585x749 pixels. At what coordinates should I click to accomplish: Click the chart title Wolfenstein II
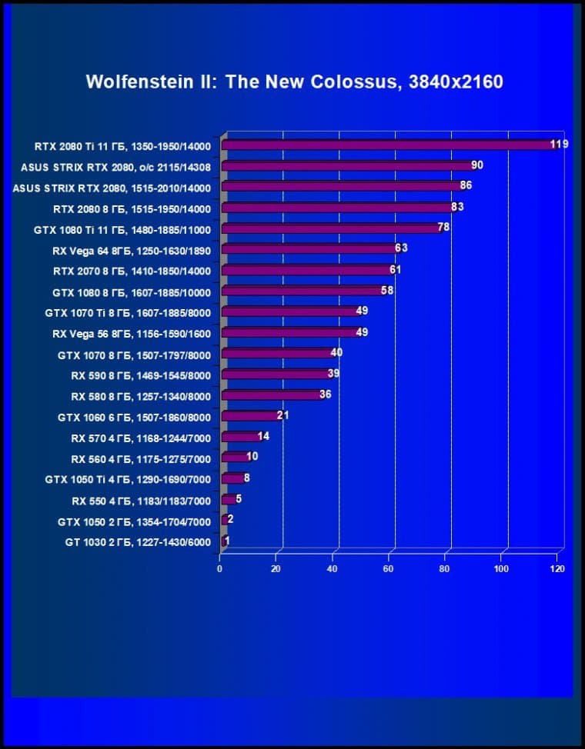(x=294, y=82)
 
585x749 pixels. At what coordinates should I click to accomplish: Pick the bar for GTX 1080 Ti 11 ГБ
(x=331, y=228)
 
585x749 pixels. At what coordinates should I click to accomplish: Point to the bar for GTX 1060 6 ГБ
(x=250, y=416)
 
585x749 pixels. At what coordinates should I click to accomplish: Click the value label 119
(x=559, y=144)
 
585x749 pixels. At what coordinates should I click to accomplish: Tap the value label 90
(x=477, y=165)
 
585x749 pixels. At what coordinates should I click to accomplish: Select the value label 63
(x=400, y=248)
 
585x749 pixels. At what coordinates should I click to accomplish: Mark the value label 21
(x=282, y=415)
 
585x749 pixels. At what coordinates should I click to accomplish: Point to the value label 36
(x=325, y=394)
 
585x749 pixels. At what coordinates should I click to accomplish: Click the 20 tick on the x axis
(x=276, y=569)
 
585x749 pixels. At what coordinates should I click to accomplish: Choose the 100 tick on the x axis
(x=501, y=569)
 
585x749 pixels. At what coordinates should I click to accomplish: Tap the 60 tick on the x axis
(x=389, y=569)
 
